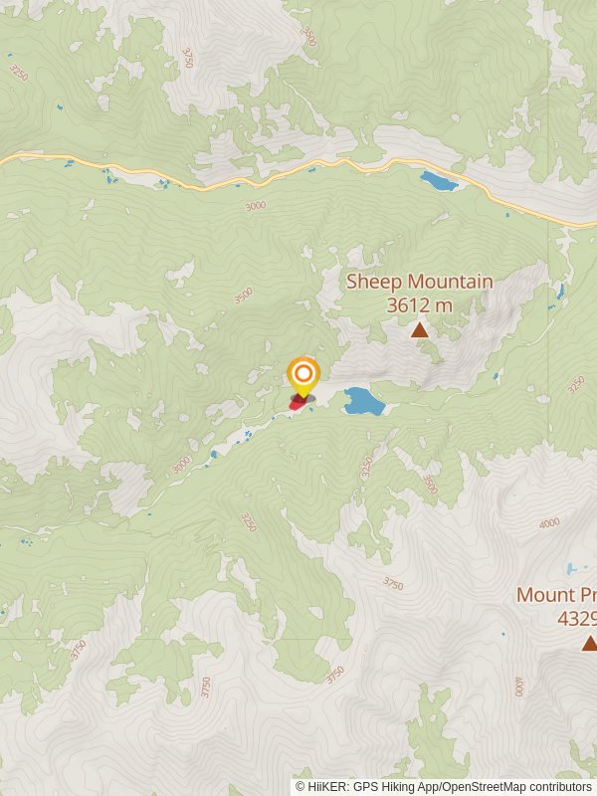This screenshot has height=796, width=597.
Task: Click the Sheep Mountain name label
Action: point(419,282)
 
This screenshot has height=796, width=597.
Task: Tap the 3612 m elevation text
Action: point(419,304)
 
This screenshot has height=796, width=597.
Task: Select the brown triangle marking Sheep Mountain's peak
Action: point(419,329)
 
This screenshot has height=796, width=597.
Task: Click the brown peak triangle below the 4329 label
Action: point(589,644)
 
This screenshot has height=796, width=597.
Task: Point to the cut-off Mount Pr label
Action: point(556,595)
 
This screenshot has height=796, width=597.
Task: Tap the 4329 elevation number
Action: point(577,618)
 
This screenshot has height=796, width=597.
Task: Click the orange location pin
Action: point(303,376)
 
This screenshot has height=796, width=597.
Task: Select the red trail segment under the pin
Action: point(298,404)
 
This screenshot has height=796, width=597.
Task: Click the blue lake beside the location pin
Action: point(363,402)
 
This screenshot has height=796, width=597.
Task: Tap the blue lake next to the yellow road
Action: point(438,181)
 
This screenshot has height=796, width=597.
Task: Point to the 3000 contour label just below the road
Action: point(255,206)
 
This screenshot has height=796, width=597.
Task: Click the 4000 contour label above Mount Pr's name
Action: point(548,523)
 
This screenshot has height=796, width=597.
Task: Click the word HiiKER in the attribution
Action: point(325,786)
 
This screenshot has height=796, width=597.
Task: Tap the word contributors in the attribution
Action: point(559,786)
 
